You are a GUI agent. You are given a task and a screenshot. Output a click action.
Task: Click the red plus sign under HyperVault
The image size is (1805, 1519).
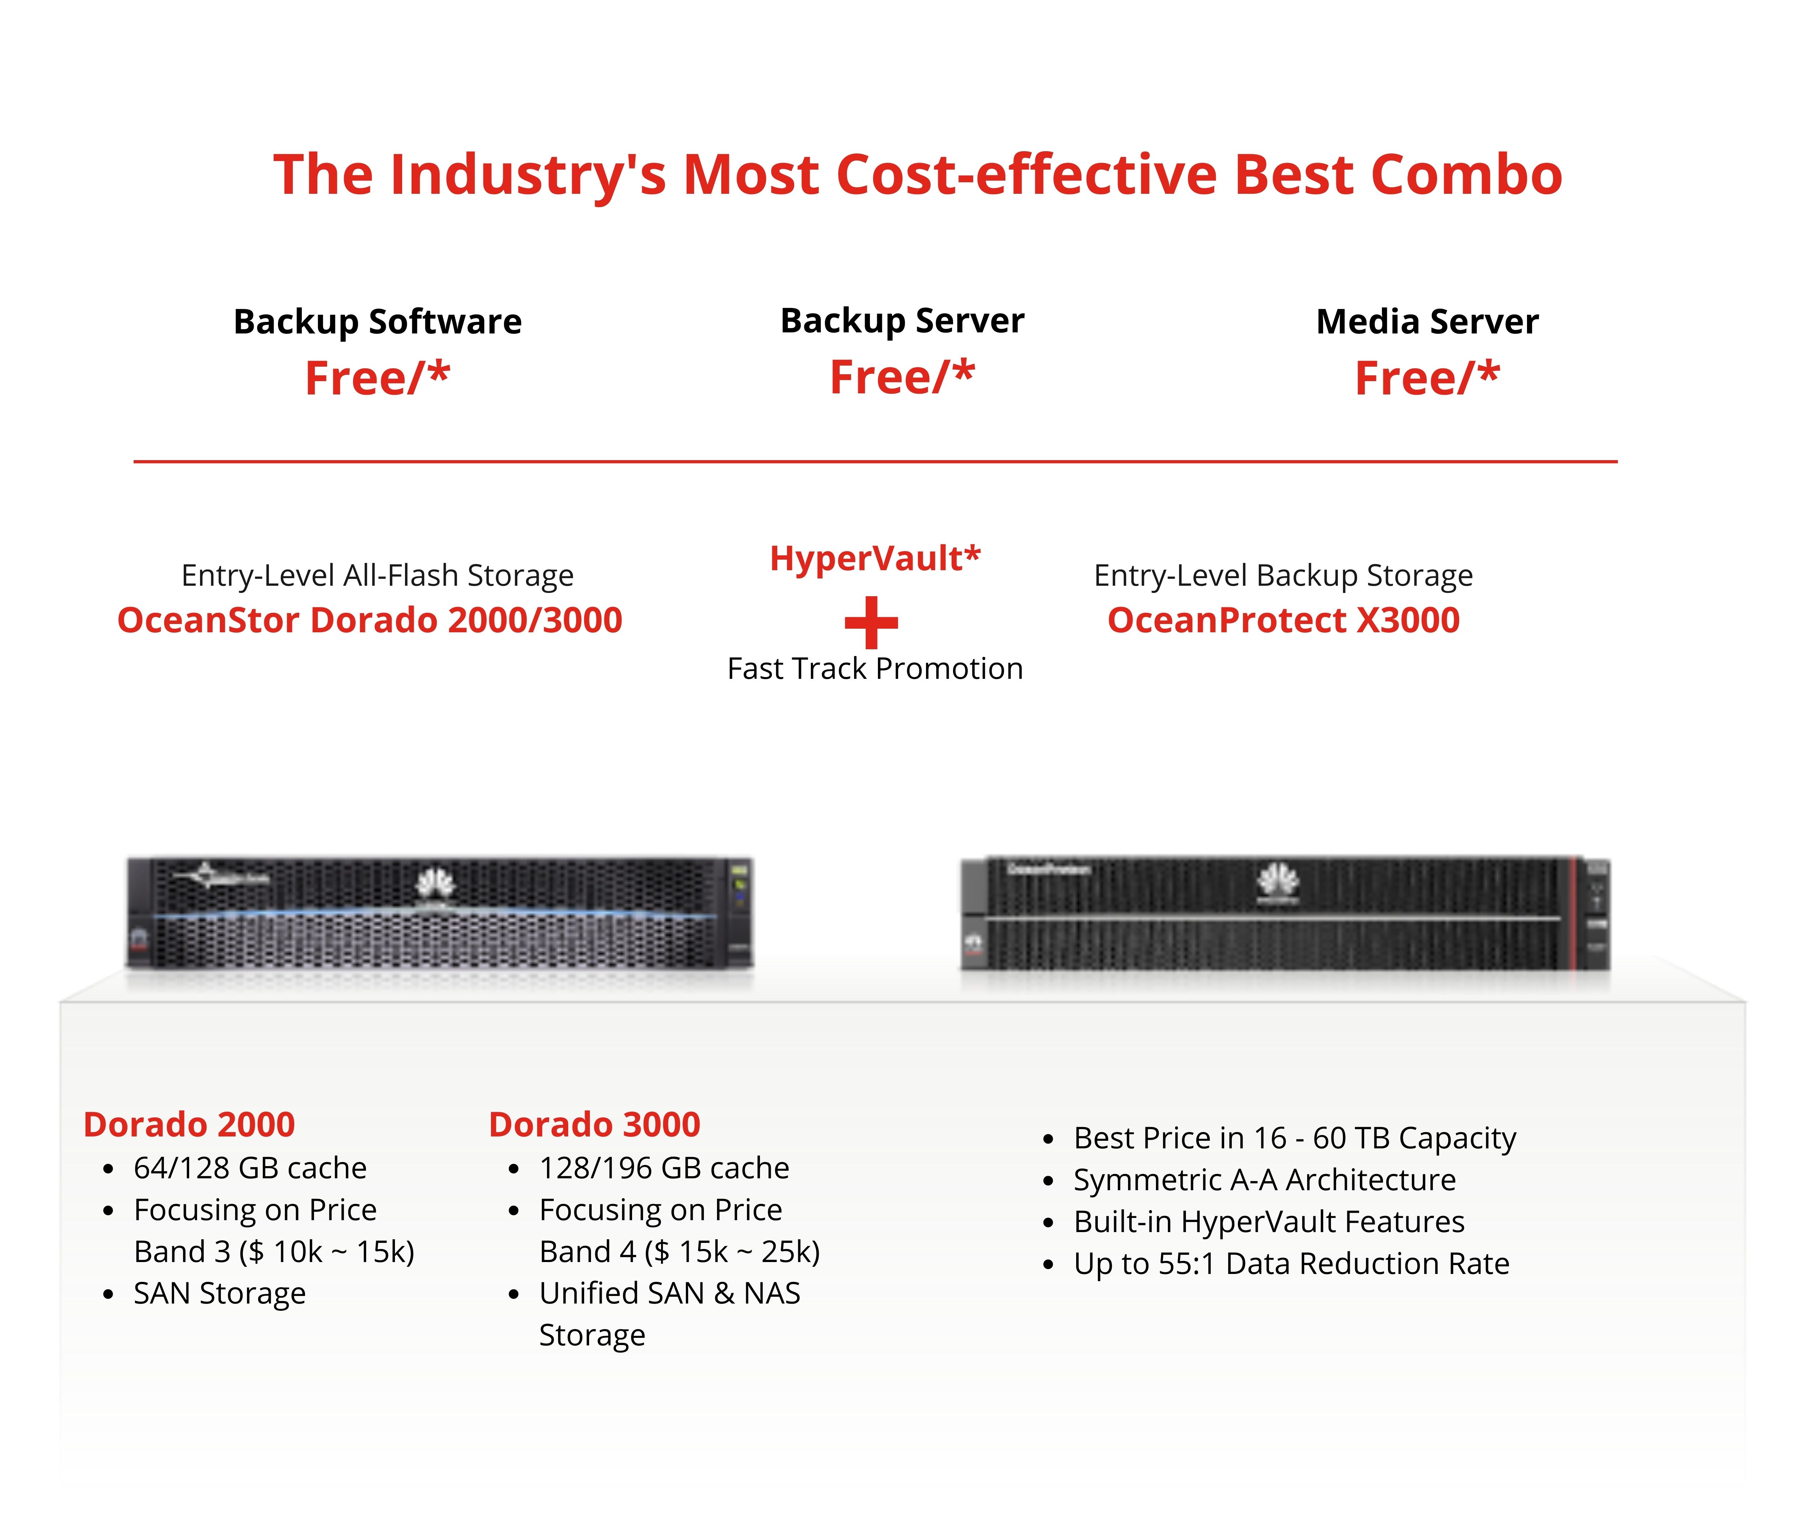[x=871, y=622]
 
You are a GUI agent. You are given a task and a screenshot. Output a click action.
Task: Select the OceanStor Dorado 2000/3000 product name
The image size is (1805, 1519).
[x=369, y=620]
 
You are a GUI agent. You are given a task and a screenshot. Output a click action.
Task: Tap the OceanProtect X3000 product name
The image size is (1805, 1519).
[x=1283, y=620]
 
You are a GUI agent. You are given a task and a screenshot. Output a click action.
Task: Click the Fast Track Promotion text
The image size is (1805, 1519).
[x=875, y=668]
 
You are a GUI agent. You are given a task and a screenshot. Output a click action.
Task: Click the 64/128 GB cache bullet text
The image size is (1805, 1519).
[x=250, y=1167]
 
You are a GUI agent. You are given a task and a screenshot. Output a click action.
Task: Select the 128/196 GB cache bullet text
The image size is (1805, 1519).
[x=664, y=1167]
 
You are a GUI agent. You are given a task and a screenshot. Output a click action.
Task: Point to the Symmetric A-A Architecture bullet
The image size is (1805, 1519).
[x=1264, y=1180]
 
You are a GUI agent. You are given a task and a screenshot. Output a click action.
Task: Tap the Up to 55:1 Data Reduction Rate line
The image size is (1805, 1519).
[x=1291, y=1263]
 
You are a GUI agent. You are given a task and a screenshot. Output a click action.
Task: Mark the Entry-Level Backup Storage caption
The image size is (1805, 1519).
[x=1283, y=575]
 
